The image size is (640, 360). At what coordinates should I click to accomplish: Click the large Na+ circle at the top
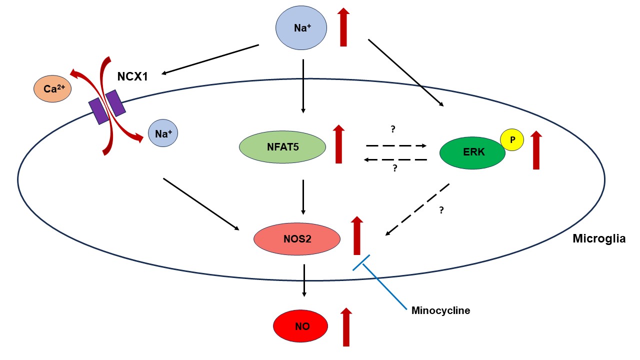(x=301, y=28)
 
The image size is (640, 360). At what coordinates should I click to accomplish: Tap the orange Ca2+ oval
(x=52, y=89)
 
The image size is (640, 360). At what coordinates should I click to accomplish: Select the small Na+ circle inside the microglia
(x=163, y=133)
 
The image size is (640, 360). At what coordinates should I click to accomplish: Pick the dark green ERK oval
(x=472, y=152)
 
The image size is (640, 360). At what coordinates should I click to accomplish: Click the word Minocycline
(x=440, y=310)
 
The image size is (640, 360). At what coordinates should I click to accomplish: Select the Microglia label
(x=599, y=239)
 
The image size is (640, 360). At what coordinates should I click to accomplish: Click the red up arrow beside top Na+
(x=343, y=27)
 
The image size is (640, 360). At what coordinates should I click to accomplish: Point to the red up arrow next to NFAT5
(x=338, y=144)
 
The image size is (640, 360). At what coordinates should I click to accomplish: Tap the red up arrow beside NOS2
(x=356, y=235)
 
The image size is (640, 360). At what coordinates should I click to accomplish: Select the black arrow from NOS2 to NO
(x=304, y=280)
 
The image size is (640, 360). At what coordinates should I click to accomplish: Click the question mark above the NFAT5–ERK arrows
(x=393, y=129)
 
